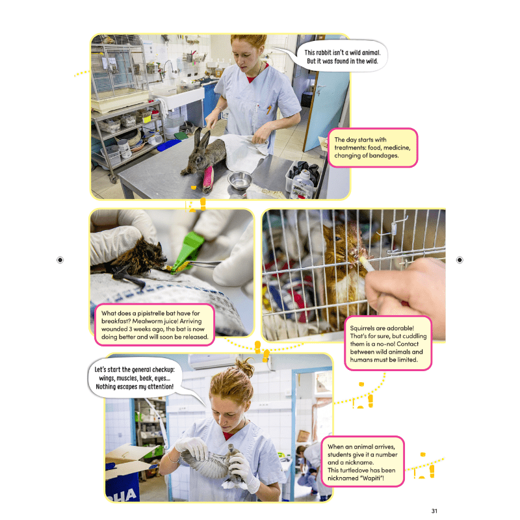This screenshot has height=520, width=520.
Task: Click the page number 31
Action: (434, 511)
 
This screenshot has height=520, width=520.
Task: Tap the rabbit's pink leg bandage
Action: (208, 177)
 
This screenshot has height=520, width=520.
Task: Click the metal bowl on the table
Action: (239, 179)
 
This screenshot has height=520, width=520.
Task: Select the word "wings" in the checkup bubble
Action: (107, 378)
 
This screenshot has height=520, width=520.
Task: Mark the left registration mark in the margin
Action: (60, 260)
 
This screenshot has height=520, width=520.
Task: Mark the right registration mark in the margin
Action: (460, 260)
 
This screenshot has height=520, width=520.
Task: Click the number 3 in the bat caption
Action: (131, 329)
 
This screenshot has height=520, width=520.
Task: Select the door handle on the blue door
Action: (318, 90)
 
